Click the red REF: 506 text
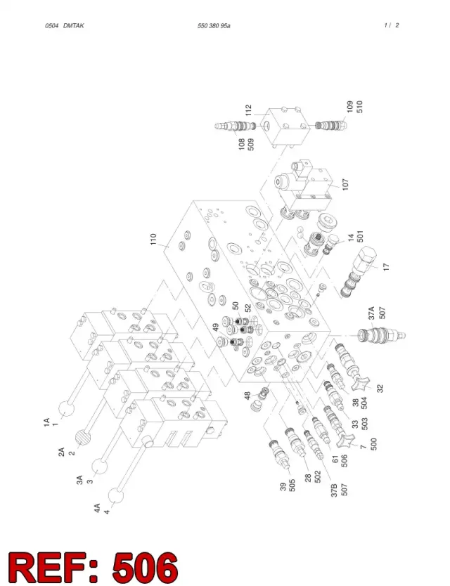tap(93, 566)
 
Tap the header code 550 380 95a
tap(214, 26)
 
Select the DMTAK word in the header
tap(74, 26)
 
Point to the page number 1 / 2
tap(391, 25)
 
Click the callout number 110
tap(153, 239)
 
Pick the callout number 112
tap(249, 110)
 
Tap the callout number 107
tap(345, 184)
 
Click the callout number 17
tap(387, 267)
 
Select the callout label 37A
tap(371, 313)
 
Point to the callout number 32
tap(380, 389)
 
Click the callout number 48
tap(247, 396)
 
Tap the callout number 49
tap(216, 327)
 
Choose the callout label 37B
tap(334, 490)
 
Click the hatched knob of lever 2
tap(84, 438)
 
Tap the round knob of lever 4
tap(116, 496)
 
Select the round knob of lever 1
tap(67, 408)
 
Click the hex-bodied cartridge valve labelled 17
tap(359, 272)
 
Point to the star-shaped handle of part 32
tap(361, 382)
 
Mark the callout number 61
tap(335, 459)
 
